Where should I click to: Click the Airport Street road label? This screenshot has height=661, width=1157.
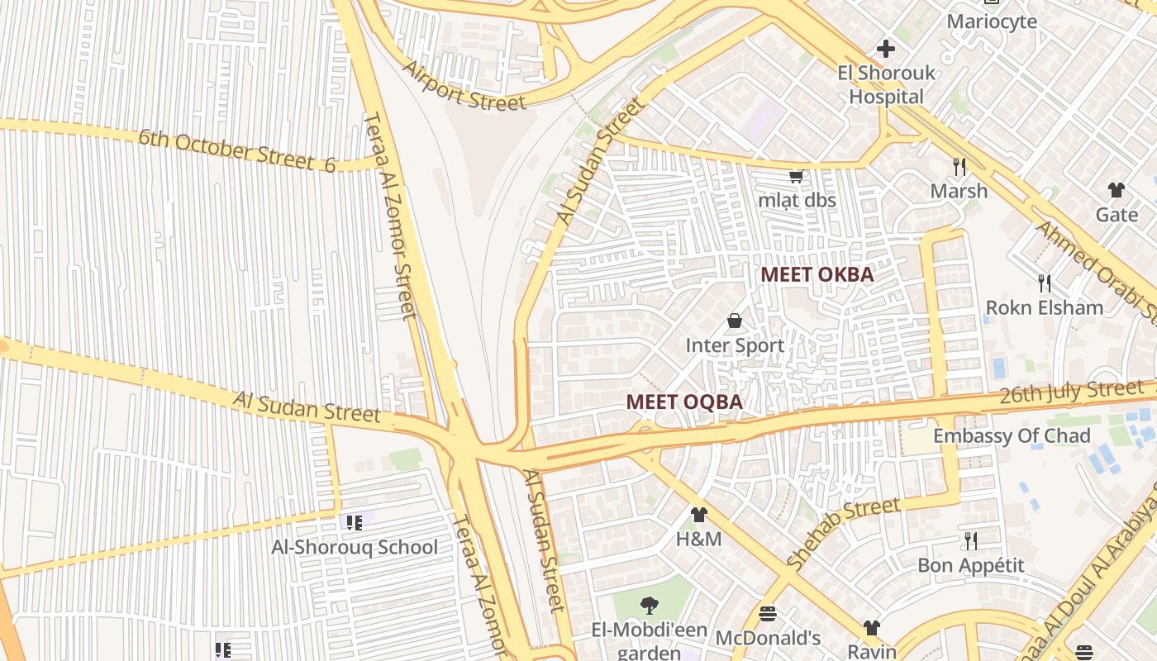464,85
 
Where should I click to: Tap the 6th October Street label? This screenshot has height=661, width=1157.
236,150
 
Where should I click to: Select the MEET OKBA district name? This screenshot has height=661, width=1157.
817,274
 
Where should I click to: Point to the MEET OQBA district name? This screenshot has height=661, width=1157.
684,402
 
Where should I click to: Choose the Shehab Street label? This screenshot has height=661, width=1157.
843,533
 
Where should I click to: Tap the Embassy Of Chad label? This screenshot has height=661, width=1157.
1012,435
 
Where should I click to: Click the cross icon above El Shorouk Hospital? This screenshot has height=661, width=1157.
886,49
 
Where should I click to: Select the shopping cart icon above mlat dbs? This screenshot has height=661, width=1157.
797,176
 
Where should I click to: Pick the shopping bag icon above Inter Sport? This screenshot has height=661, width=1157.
735,321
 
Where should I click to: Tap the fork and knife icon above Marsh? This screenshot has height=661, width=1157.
959,167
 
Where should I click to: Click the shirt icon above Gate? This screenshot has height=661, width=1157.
1117,190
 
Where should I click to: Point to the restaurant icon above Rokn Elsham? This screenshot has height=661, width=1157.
1045,283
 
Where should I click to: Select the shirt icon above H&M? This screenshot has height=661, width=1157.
699,515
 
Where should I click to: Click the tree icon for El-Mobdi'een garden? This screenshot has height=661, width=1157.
650,606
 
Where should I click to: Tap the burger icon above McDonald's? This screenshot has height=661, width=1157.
768,614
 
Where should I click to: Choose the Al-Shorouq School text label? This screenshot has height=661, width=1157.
355,547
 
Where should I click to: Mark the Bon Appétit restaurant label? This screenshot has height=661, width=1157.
971,565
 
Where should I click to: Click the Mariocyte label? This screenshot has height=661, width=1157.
992,21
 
